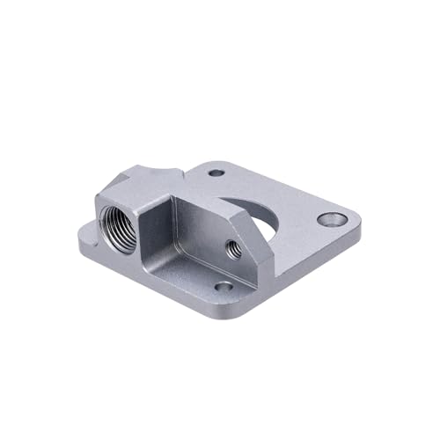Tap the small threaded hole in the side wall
[x=233, y=247]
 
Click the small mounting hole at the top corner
[x=216, y=173]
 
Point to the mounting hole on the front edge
[x=224, y=286]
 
